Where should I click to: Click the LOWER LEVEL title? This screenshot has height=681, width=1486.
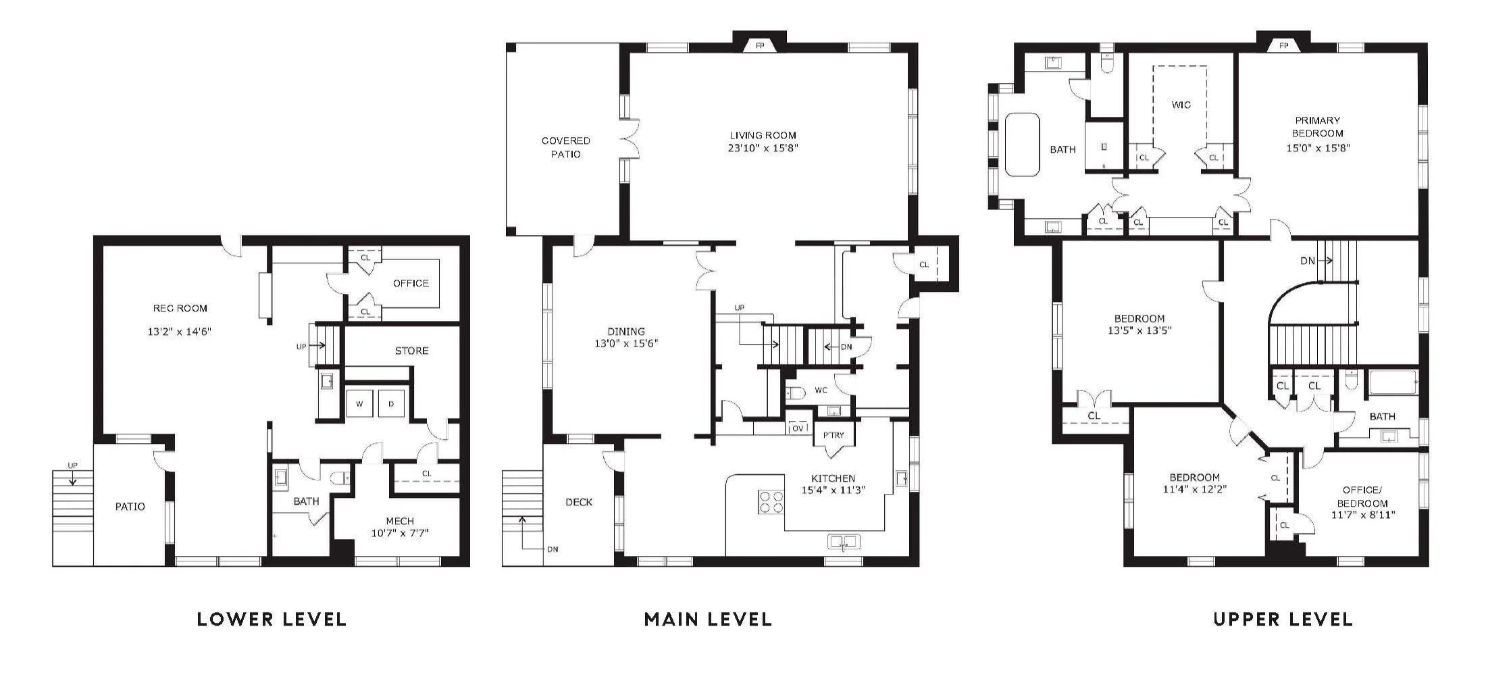tap(272, 619)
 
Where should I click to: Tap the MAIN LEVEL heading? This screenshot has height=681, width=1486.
tap(708, 619)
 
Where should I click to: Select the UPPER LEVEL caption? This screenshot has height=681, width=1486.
tap(1283, 619)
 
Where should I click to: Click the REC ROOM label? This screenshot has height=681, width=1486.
tap(180, 308)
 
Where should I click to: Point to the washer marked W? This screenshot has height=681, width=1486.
tap(359, 403)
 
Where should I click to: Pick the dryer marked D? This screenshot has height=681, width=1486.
tap(391, 403)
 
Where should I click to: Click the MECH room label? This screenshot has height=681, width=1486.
tap(400, 521)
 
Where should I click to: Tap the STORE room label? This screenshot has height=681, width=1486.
tap(411, 351)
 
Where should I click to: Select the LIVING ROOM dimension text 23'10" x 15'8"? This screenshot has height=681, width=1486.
tap(763, 148)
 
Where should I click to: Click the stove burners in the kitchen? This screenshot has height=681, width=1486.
tap(771, 501)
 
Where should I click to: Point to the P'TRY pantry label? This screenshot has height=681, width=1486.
tap(834, 435)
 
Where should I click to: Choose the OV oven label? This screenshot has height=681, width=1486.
tap(798, 428)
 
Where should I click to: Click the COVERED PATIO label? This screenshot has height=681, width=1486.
tap(566, 147)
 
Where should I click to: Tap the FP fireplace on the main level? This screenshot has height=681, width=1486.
tap(760, 45)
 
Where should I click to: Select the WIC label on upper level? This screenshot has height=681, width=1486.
tap(1181, 105)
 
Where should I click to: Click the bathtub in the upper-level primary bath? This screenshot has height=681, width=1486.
tap(1022, 145)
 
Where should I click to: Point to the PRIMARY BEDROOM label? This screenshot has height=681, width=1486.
tap(1317, 126)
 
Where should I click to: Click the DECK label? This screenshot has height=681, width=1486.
tap(579, 502)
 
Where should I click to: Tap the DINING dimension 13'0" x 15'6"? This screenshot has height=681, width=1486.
tap(626, 343)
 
